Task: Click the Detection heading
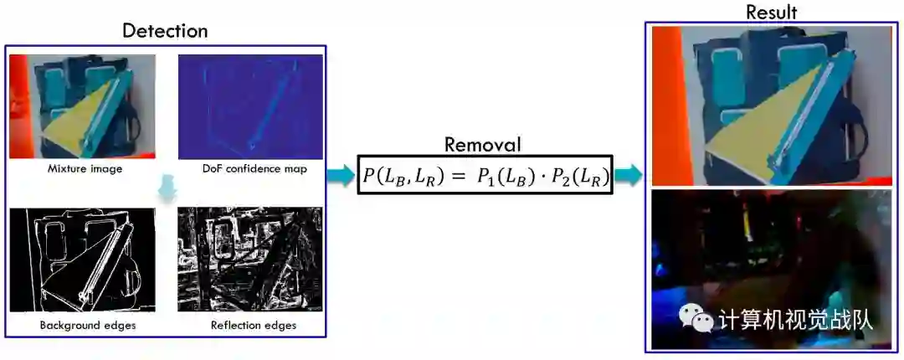click(x=165, y=31)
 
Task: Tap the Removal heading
click(x=482, y=144)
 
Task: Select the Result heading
click(x=771, y=12)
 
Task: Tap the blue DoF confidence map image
click(x=250, y=106)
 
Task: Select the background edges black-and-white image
click(x=83, y=260)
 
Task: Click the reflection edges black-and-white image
click(x=250, y=260)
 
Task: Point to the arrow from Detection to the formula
click(x=341, y=176)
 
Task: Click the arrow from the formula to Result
click(x=629, y=175)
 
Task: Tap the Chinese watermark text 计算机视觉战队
click(x=795, y=320)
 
